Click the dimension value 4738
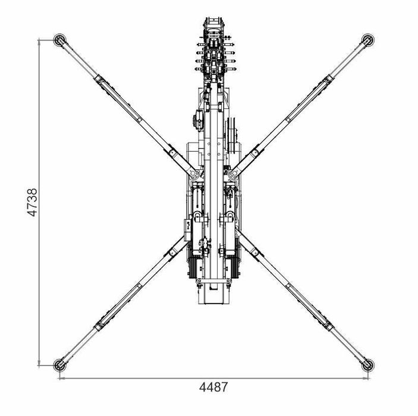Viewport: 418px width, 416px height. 33,202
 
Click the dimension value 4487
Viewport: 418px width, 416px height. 213,387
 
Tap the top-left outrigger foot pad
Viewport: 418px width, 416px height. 59,40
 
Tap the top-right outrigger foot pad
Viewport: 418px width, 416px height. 367,40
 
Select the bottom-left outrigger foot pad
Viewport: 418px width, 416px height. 59,365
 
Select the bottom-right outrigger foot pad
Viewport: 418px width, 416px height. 367,365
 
